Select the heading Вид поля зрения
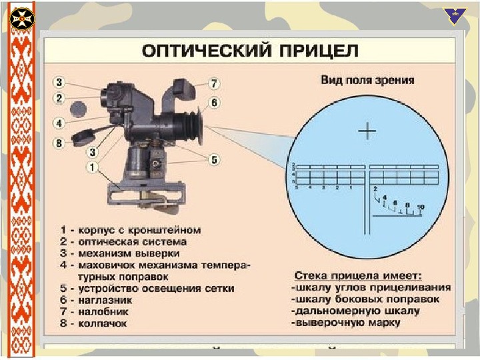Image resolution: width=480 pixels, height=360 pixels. click(367, 81)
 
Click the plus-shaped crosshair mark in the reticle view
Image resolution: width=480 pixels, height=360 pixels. click(367, 131)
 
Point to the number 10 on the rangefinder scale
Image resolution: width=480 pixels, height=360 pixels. click(419, 207)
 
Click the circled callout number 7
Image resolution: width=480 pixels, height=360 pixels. click(213, 84)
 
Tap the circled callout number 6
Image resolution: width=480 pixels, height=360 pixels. click(213, 103)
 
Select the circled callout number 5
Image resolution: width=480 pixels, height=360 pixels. click(213, 159)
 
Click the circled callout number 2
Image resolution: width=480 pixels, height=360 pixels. click(59, 98)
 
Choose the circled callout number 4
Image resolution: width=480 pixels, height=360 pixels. click(59, 123)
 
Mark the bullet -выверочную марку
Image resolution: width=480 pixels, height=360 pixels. click(347, 323)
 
